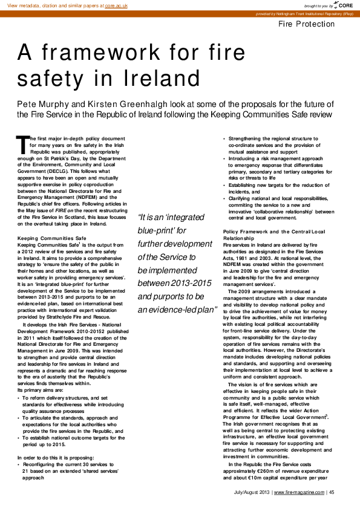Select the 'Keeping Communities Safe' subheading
point(52,238)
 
